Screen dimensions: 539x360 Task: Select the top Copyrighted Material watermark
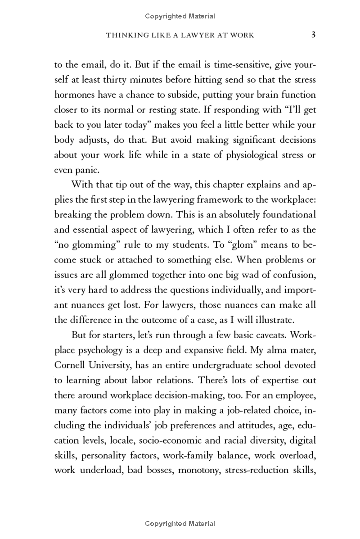pos(180,16)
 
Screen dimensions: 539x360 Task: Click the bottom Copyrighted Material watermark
pos(180,523)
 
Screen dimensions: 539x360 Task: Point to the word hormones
pos(74,95)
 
